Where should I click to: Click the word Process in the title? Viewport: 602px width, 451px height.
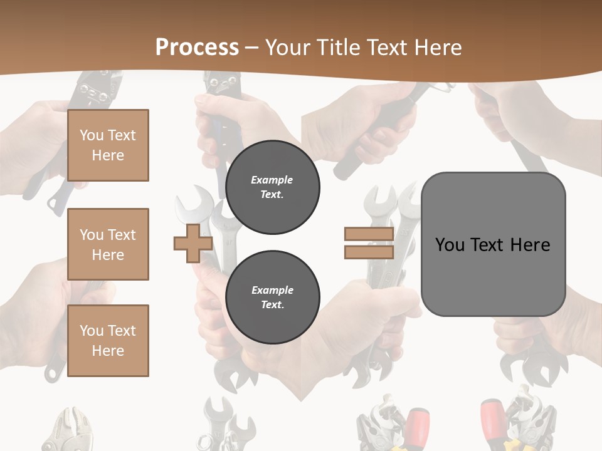197,48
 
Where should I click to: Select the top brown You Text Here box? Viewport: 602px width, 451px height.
108,145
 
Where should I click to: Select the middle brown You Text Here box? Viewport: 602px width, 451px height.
108,244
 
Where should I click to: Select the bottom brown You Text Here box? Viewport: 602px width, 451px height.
108,340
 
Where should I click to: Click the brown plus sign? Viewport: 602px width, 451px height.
193,244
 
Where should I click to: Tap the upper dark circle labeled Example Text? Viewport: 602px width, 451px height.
273,187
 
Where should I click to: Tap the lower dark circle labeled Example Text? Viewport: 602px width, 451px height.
273,297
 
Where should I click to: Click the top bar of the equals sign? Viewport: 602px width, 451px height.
369,234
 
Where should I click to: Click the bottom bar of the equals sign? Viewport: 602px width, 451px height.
369,252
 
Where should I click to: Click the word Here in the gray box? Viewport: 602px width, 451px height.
530,245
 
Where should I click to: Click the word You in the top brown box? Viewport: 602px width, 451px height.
92,135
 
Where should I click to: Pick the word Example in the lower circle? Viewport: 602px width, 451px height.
273,290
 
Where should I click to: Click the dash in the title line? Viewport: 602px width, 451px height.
251,48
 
